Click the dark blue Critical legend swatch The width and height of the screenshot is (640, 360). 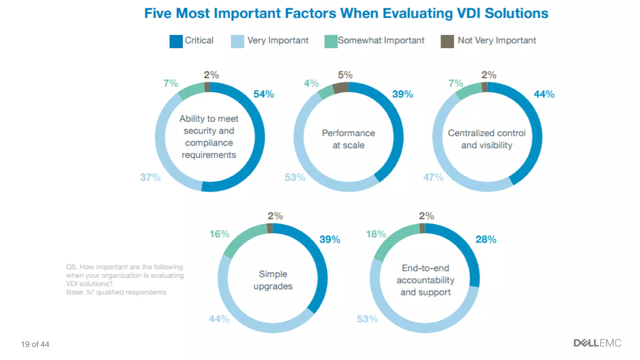pos(176,42)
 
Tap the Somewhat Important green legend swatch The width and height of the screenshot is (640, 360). pos(331,42)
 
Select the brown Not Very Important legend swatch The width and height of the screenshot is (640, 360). pos(447,42)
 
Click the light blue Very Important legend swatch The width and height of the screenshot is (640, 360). pos(237,42)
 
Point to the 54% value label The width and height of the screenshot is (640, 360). pos(263,94)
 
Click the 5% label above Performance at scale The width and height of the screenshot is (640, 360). pos(345,75)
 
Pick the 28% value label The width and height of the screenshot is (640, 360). pos(486,239)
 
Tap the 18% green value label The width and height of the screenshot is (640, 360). pos(376,234)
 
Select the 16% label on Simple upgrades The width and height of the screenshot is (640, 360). pos(219,234)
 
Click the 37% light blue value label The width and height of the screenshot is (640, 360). pos(150,177)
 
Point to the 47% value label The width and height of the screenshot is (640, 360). pos(433,177)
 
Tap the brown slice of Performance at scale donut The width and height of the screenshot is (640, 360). pos(340,88)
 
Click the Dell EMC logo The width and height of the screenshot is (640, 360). pos(597,343)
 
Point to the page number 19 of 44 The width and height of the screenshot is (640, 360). pos(35,344)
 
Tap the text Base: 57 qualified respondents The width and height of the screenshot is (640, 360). pos(116,292)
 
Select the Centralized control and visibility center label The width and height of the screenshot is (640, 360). pos(487,139)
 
